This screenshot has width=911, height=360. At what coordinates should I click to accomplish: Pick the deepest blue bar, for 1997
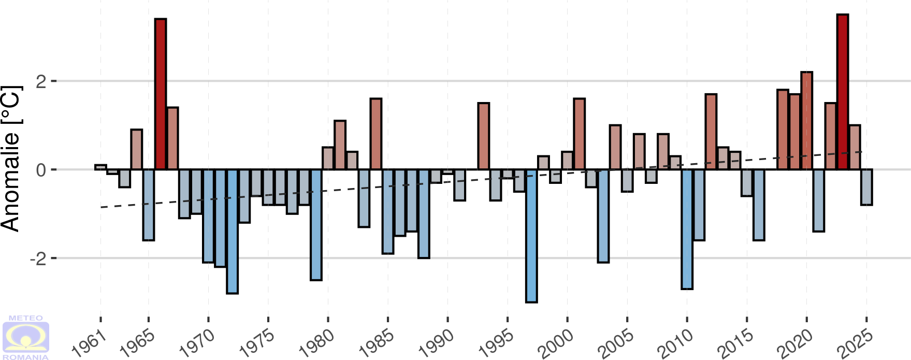click(x=531, y=236)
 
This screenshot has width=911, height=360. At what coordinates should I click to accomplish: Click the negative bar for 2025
click(x=866, y=187)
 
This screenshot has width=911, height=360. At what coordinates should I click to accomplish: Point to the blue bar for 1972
click(x=232, y=231)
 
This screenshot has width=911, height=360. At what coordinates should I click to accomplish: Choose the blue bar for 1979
click(x=316, y=225)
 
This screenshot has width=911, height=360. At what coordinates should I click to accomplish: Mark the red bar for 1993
click(x=483, y=136)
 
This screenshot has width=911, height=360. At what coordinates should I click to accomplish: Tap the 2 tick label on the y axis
click(x=41, y=81)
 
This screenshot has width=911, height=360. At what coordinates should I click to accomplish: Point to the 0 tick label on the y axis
click(x=41, y=170)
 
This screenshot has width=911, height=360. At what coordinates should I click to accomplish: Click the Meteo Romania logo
click(x=26, y=337)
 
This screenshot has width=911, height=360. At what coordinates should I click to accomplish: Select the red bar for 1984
click(x=376, y=134)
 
